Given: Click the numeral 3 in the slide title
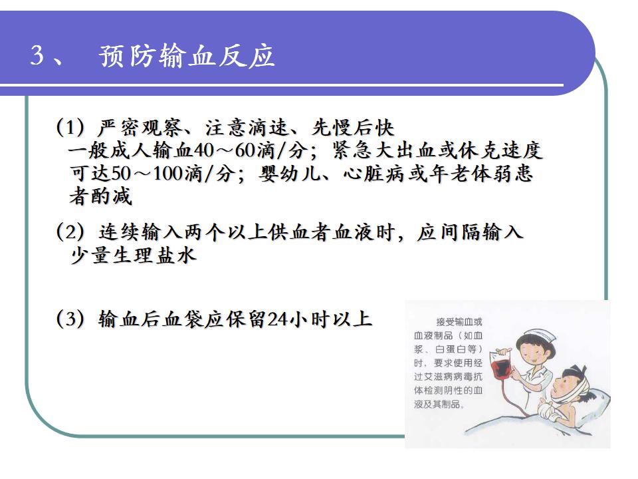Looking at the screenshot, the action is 37,55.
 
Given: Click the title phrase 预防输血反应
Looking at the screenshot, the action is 186,55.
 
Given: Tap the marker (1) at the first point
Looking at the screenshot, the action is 71,128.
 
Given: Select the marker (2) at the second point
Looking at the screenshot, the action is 71,232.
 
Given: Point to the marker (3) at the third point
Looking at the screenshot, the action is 71,319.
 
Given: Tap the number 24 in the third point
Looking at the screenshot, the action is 278,319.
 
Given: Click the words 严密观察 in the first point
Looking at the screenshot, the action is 140,128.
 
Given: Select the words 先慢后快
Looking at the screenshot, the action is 353,128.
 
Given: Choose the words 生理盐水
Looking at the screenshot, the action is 155,255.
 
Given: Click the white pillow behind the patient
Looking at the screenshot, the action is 592,401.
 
